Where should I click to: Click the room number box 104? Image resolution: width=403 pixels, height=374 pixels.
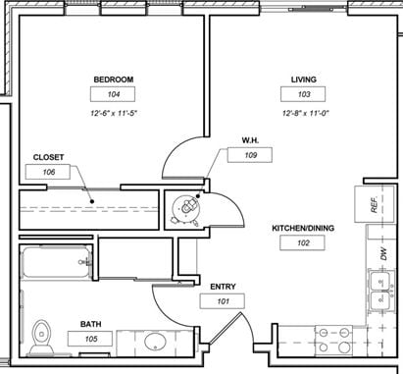pyautogui.click(x=113, y=94)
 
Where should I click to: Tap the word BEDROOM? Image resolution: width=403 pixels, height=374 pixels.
pyautogui.click(x=114, y=80)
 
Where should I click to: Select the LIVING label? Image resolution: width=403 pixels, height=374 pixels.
pyautogui.click(x=304, y=80)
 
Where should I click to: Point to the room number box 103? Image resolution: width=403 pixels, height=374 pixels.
pyautogui.click(x=303, y=94)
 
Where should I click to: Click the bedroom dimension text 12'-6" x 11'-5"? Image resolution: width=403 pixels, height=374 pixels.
pyautogui.click(x=113, y=113)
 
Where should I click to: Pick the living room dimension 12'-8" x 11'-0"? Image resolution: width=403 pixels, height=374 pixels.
pyautogui.click(x=305, y=113)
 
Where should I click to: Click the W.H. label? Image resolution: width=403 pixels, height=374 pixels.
pyautogui.click(x=250, y=140)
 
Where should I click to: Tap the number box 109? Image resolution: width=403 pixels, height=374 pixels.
pyautogui.click(x=250, y=155)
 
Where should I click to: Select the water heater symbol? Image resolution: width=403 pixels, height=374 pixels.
pyautogui.click(x=185, y=209)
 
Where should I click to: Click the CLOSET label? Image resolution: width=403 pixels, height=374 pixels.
pyautogui.click(x=48, y=157)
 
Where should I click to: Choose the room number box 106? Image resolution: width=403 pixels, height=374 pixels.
pyautogui.click(x=48, y=172)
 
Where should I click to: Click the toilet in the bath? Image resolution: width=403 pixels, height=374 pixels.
pyautogui.click(x=41, y=337)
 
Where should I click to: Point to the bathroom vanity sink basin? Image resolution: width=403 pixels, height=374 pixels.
pyautogui.click(x=155, y=342)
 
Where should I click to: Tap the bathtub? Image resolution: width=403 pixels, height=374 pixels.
pyautogui.click(x=56, y=262)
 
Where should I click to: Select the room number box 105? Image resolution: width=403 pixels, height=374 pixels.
pyautogui.click(x=90, y=339)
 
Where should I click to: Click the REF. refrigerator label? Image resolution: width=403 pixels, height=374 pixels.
pyautogui.click(x=375, y=204)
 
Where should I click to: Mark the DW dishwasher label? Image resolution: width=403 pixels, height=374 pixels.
pyautogui.click(x=383, y=254)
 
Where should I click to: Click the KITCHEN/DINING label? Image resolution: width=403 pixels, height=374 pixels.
pyautogui.click(x=303, y=228)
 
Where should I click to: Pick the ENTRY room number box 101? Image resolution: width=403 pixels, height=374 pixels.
pyautogui.click(x=223, y=301)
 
